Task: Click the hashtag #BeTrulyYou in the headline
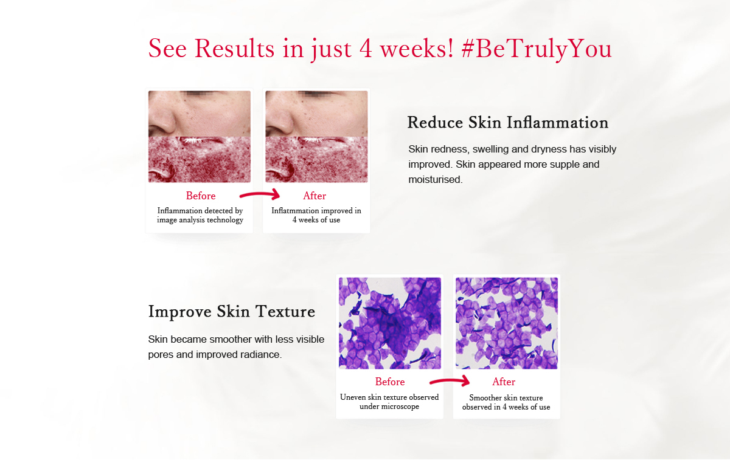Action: (537, 49)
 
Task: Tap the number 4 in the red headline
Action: (366, 49)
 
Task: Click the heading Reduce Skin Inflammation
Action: (508, 122)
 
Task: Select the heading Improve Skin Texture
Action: (232, 312)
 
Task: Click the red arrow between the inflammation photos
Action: (260, 194)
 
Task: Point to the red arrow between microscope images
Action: (450, 380)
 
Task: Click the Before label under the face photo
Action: (201, 196)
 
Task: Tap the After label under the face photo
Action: (315, 196)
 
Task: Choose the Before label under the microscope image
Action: (390, 382)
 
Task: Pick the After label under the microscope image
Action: (504, 382)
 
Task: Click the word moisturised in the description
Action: (436, 179)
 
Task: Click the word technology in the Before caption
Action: (225, 220)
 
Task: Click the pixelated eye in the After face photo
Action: (315, 94)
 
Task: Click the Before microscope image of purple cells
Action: (390, 323)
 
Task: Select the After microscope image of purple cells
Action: (506, 323)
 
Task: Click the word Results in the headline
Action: (234, 49)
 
